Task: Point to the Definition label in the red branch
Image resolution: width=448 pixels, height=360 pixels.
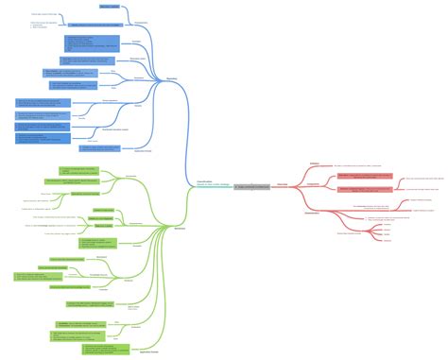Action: pos(314,163)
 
